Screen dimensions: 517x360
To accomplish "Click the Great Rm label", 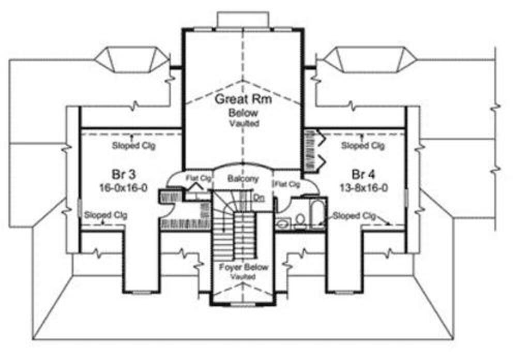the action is [x=244, y=99].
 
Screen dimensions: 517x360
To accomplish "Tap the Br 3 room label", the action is [x=124, y=174].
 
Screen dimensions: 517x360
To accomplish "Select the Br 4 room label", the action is [x=363, y=174].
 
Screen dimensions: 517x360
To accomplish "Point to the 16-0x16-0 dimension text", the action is [x=124, y=188].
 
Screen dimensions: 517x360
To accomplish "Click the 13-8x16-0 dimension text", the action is [x=364, y=188].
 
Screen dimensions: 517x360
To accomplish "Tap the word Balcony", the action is [x=244, y=179].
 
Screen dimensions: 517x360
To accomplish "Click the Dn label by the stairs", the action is [x=260, y=198].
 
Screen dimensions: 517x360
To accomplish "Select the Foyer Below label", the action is [x=244, y=267].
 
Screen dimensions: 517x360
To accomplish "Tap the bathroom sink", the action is [x=283, y=223].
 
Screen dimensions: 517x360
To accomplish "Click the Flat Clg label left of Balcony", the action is [x=199, y=178].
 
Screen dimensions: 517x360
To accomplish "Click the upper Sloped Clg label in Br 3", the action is [x=133, y=145].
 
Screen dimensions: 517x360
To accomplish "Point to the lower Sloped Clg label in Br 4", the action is [x=354, y=216].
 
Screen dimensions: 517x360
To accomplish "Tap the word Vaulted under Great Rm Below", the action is [x=245, y=124].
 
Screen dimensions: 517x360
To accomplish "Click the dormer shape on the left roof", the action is [x=132, y=59].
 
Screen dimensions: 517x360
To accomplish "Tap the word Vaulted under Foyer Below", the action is [x=243, y=277].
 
